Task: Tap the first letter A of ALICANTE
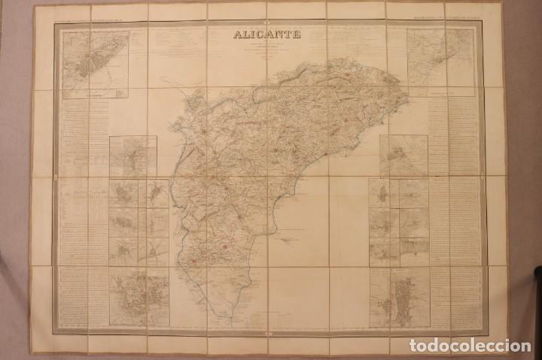pyautogui.click(x=238, y=33)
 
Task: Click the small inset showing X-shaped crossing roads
pyautogui.click(x=157, y=251)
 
